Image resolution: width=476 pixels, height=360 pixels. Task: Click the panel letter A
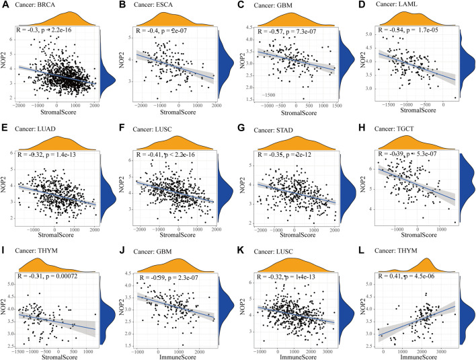(x=5, y=5)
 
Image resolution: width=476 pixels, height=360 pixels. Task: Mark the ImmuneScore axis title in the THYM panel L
(x=411, y=355)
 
